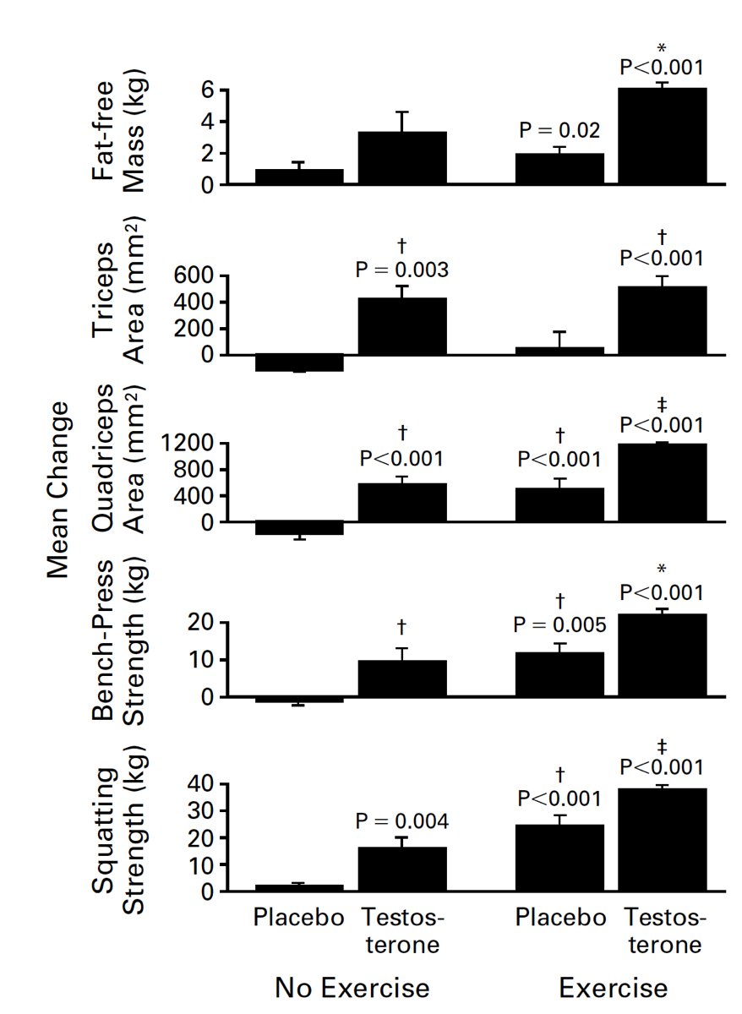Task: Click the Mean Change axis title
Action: [x=57, y=489]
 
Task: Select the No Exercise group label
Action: [x=352, y=988]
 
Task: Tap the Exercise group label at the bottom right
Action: [x=614, y=988]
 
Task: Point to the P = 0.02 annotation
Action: [x=559, y=131]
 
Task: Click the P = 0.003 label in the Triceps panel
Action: [x=402, y=270]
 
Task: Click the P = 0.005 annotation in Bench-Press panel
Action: [x=560, y=625]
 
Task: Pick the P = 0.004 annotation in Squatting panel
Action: [x=402, y=820]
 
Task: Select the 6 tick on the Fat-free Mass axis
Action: [x=205, y=90]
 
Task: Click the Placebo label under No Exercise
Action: [x=299, y=918]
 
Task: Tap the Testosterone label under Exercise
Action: [x=664, y=930]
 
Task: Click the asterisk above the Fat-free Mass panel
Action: [x=662, y=49]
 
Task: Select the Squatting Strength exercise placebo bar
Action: [x=559, y=858]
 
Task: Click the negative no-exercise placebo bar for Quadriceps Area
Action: [x=299, y=529]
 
